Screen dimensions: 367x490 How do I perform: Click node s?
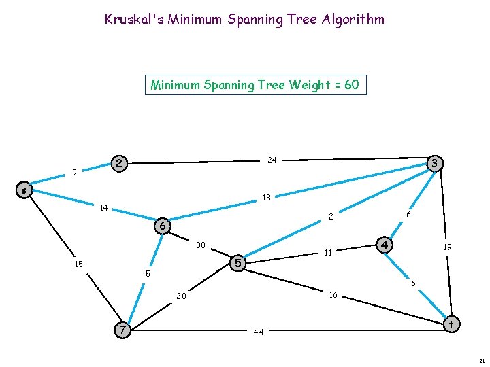(x=24, y=191)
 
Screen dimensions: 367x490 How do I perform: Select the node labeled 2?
(x=119, y=164)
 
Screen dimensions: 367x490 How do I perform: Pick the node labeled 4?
(x=385, y=243)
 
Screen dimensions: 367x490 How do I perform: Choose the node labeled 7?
(x=122, y=330)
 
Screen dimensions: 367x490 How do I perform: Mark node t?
(x=451, y=324)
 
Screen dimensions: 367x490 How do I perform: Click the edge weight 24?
(x=272, y=160)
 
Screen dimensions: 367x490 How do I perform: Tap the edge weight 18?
(x=267, y=198)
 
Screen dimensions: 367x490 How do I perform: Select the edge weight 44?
(x=259, y=332)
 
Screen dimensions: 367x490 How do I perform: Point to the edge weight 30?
(x=201, y=245)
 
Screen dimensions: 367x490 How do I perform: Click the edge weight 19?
(x=448, y=248)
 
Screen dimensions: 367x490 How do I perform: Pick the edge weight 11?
(x=328, y=253)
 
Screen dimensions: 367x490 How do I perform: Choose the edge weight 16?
(x=333, y=295)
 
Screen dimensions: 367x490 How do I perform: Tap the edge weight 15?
(x=79, y=264)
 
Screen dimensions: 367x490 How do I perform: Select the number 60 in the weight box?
(x=352, y=85)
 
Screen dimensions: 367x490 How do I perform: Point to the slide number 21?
(x=481, y=360)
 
